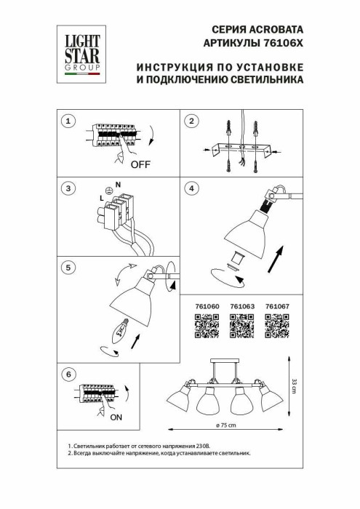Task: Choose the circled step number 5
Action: pos(68,268)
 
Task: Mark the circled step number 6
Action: pos(68,374)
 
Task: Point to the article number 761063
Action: pos(242,307)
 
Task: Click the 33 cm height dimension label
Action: pos(293,387)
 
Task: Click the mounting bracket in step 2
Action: pos(243,149)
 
